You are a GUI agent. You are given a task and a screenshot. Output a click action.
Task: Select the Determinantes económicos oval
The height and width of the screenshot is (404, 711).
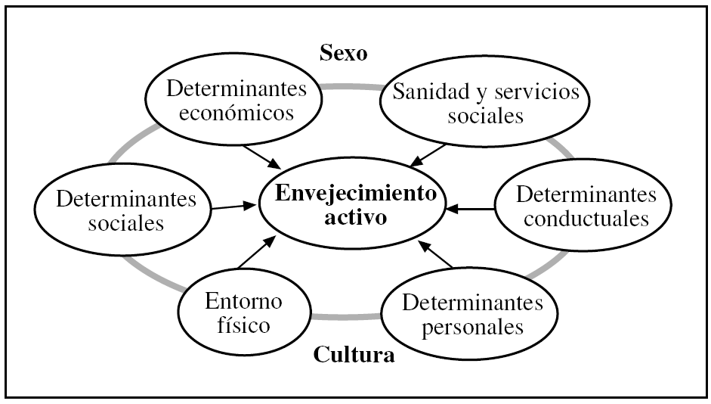click(x=237, y=102)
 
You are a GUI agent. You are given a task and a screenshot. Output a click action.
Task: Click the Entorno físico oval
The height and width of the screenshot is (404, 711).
click(x=243, y=313)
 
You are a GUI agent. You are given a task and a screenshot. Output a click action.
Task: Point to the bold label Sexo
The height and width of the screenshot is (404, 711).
click(x=342, y=53)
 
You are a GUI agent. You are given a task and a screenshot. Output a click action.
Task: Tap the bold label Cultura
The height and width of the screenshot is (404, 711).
click(x=354, y=354)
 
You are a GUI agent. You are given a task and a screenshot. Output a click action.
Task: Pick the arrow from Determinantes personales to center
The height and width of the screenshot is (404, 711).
click(x=437, y=255)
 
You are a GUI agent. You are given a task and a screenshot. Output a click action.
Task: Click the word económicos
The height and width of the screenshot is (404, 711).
click(x=237, y=113)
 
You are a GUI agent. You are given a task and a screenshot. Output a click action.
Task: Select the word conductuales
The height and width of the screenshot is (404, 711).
click(x=586, y=218)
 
